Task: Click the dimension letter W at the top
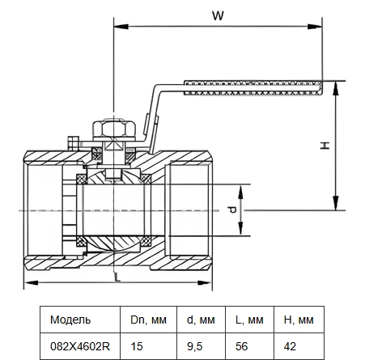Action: click(218, 15)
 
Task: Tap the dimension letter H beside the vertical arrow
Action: click(325, 146)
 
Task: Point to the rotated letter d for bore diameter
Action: click(231, 210)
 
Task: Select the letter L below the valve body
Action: click(117, 277)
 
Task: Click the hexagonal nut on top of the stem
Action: click(113, 129)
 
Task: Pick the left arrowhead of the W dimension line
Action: click(121, 27)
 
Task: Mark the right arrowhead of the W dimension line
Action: click(315, 27)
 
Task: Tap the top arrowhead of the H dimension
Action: click(335, 88)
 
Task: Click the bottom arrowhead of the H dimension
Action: click(335, 203)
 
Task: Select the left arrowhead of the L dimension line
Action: click(31, 282)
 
